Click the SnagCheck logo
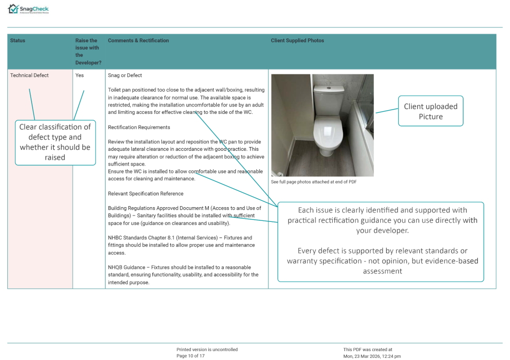[28, 9]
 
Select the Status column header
[17, 41]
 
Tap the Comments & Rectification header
[138, 41]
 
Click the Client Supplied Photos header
[297, 41]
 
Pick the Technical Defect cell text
[30, 75]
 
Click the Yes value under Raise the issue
[79, 75]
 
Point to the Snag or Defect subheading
[125, 75]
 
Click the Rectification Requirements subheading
[139, 127]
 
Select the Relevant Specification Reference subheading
[146, 193]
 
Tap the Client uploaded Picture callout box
[431, 111]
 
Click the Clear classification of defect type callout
[55, 142]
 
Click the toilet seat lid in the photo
[328, 133]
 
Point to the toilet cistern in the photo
[329, 99]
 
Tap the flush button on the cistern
[329, 88]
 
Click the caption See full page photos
[314, 182]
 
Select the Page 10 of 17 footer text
[190, 356]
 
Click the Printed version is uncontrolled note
[207, 349]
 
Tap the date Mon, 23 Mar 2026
[362, 356]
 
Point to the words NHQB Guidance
[127, 267]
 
